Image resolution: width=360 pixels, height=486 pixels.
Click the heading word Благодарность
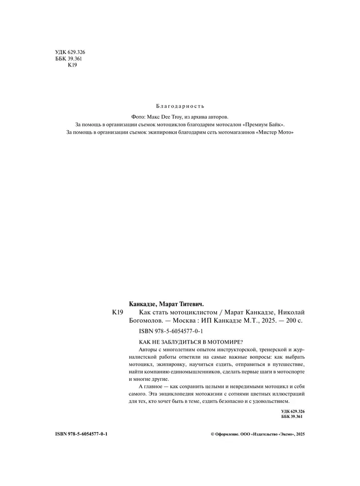pyautogui.click(x=180, y=106)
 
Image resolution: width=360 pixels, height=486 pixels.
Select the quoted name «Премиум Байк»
pyautogui.click(x=262, y=124)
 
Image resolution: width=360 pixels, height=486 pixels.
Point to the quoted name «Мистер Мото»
pyautogui.click(x=274, y=132)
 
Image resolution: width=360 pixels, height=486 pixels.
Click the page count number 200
pyautogui.click(x=290, y=320)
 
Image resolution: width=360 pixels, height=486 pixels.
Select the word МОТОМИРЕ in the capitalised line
pyautogui.click(x=223, y=342)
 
